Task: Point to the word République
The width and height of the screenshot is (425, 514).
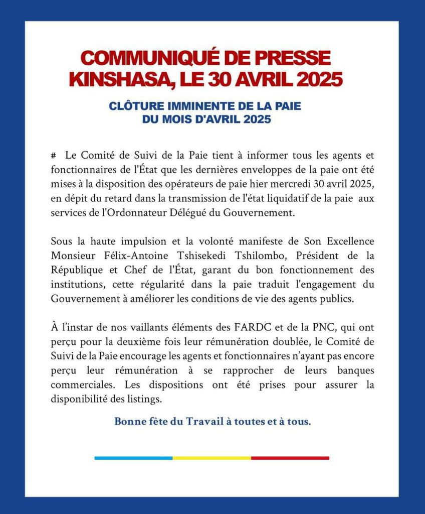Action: click(x=74, y=270)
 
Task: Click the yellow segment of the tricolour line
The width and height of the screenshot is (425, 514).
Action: click(x=211, y=458)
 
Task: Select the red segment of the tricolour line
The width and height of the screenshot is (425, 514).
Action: click(x=290, y=458)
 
